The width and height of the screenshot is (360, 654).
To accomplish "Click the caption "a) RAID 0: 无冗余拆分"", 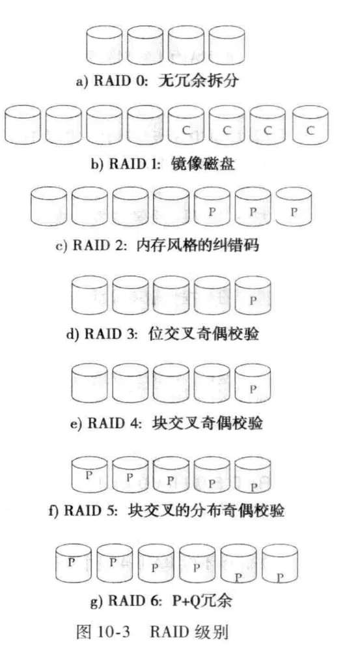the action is pyautogui.click(x=157, y=81).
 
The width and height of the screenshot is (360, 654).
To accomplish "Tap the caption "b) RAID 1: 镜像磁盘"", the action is pyautogui.click(x=163, y=163).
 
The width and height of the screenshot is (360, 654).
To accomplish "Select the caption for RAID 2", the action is pyautogui.click(x=157, y=245).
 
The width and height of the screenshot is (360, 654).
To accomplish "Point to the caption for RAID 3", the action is pyautogui.click(x=163, y=334).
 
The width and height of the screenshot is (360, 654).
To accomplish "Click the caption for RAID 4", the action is pyautogui.click(x=166, y=423).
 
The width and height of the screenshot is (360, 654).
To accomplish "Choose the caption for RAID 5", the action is pyautogui.click(x=167, y=510).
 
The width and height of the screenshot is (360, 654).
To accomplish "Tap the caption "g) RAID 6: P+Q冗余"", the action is pyautogui.click(x=161, y=600).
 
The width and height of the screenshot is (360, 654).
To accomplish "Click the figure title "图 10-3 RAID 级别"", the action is pyautogui.click(x=152, y=632).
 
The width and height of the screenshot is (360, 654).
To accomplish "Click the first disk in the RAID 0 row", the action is pyautogui.click(x=104, y=45).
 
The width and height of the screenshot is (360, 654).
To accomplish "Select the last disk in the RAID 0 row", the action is pyautogui.click(x=227, y=45).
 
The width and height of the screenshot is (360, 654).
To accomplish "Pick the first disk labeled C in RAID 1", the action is pyautogui.click(x=186, y=124).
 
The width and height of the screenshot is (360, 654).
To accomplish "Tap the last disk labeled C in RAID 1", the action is pyautogui.click(x=311, y=124).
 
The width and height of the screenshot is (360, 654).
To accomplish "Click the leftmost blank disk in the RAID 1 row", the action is pyautogui.click(x=23, y=124).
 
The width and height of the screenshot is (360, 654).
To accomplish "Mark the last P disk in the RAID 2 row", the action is pyautogui.click(x=294, y=206).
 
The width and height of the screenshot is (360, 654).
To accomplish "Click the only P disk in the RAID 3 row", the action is pyautogui.click(x=253, y=295).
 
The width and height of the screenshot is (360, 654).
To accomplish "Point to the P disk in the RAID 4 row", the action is pyautogui.click(x=253, y=383).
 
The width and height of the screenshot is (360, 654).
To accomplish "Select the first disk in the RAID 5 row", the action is pyautogui.click(x=90, y=475).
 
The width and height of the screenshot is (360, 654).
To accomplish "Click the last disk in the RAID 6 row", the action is pyautogui.click(x=280, y=563).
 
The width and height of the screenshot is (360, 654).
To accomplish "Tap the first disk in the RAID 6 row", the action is pyautogui.click(x=74, y=563).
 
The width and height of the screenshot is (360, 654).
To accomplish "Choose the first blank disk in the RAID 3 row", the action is pyautogui.click(x=90, y=295).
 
